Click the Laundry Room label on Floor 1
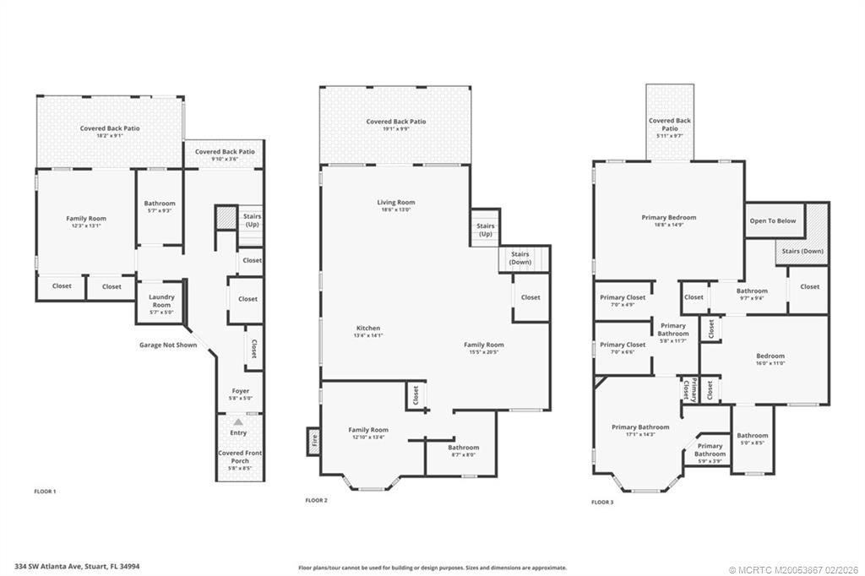tap(160, 301)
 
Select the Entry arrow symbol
tap(238, 421)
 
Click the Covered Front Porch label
tap(240, 457)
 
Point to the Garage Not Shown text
tap(168, 345)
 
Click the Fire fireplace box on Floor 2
tap(313, 441)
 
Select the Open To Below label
tap(772, 221)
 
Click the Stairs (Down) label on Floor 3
tap(802, 251)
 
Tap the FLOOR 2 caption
tap(316, 500)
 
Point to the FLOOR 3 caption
tap(602, 502)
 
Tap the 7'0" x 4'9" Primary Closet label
tap(623, 300)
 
